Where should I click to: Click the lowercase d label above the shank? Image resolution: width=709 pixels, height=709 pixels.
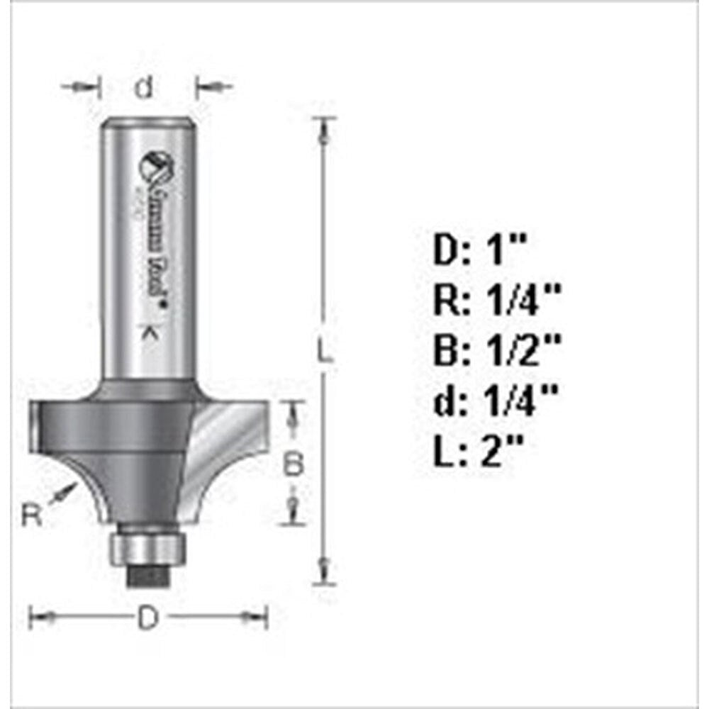[x=145, y=88]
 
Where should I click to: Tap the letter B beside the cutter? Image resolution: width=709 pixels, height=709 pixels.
[x=294, y=465]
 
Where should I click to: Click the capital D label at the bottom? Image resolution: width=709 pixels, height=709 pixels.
[x=147, y=618]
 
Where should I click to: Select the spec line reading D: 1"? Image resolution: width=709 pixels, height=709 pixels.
[x=481, y=252]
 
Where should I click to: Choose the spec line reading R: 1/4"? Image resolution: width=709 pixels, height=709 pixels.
[x=496, y=301]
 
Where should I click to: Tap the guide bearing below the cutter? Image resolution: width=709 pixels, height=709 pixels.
[x=147, y=548]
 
